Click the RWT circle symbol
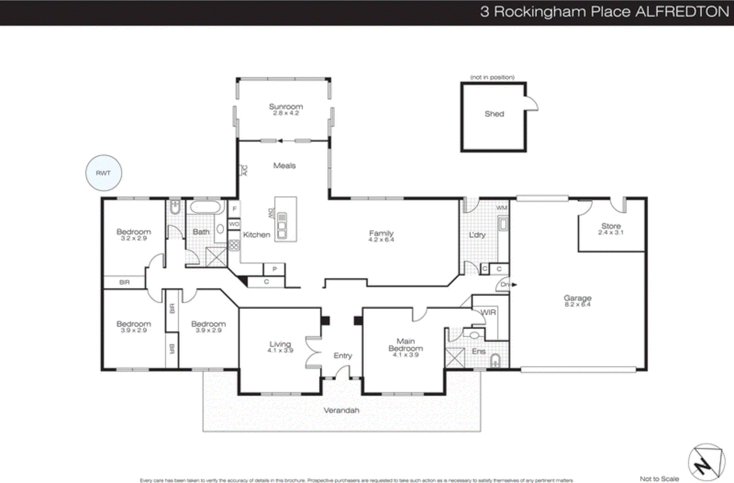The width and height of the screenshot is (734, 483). click(104, 173)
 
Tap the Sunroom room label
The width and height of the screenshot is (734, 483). click(286, 107)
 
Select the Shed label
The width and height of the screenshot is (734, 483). click(494, 114)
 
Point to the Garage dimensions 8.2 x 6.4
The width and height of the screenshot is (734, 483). click(578, 304)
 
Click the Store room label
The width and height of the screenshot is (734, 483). click(611, 226)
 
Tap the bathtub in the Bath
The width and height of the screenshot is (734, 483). click(206, 208)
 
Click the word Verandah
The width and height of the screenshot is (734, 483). click(341, 410)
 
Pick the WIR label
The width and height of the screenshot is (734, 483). click(488, 312)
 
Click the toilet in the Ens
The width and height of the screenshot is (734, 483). click(495, 361)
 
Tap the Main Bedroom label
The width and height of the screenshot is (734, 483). click(406, 345)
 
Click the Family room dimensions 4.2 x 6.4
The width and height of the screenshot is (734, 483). click(381, 240)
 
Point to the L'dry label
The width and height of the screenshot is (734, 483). click(477, 235)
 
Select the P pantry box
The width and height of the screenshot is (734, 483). click(274, 269)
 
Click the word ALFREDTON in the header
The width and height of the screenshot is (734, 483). click(682, 12)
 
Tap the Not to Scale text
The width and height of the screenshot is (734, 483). click(659, 478)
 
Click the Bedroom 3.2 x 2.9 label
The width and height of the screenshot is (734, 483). click(133, 232)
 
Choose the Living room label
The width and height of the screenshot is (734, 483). click(280, 344)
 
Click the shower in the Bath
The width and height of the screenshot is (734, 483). click(216, 257)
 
